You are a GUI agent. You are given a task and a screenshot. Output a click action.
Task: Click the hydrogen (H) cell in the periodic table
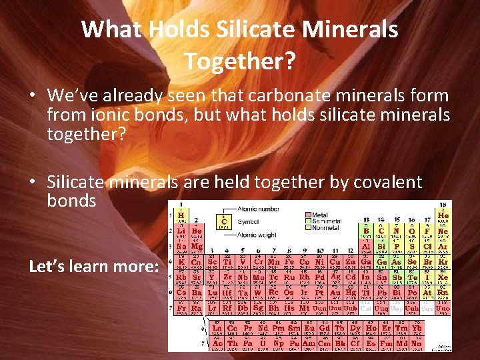[x=180, y=216]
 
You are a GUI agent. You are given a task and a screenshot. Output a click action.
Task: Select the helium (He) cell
[x=443, y=216]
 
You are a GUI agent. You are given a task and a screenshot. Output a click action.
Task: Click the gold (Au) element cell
[x=335, y=293]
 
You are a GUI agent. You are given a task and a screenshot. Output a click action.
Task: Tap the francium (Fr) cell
[x=180, y=308]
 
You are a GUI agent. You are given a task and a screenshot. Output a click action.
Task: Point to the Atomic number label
[x=260, y=209]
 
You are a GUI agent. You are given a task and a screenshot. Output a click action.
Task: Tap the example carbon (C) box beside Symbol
[x=223, y=220]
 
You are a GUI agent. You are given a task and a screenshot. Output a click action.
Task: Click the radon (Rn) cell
[x=443, y=293]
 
